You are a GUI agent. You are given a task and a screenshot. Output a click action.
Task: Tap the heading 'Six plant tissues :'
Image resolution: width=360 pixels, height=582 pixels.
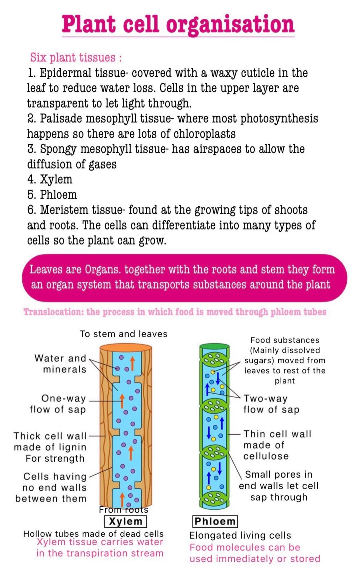click(x=76, y=57)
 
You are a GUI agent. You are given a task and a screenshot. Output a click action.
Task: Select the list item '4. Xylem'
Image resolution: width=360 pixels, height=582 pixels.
click(x=50, y=179)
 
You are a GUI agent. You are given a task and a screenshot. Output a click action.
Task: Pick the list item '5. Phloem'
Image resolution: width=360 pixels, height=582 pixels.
click(x=52, y=195)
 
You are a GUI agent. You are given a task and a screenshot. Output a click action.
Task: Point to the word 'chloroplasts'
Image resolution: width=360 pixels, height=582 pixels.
click(x=204, y=134)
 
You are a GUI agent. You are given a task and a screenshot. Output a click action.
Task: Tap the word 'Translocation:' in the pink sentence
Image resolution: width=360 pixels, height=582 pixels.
click(x=54, y=312)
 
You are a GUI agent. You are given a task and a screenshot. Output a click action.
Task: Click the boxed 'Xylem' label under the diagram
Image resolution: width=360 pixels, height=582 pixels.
click(x=125, y=521)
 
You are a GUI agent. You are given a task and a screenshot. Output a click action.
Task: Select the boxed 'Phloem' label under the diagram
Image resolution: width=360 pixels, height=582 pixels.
click(x=215, y=521)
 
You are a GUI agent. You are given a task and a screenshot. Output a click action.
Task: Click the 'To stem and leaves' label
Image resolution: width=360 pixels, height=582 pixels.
click(x=123, y=334)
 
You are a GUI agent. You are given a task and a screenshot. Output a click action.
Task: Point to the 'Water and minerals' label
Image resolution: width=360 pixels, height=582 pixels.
click(x=61, y=364)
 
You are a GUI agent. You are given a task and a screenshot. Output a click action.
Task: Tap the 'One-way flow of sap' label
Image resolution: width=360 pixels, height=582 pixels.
click(x=58, y=404)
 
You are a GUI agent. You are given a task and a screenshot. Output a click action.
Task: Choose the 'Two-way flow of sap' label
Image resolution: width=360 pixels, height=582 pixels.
click(x=271, y=404)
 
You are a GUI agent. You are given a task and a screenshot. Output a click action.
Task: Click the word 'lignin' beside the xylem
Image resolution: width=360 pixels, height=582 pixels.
click(x=74, y=447)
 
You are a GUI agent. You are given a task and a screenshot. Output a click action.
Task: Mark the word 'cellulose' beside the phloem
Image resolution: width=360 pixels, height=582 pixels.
click(x=266, y=456)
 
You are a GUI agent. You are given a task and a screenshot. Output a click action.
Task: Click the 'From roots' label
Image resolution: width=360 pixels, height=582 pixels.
click(x=124, y=510)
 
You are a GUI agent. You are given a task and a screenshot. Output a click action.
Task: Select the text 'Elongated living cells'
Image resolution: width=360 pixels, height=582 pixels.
click(x=240, y=535)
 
